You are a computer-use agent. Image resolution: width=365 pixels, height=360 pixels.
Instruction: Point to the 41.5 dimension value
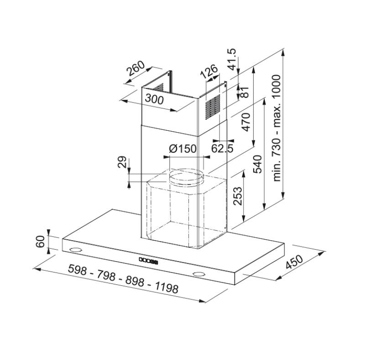point(233,60)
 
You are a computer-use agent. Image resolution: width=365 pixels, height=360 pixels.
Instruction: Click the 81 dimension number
point(245,93)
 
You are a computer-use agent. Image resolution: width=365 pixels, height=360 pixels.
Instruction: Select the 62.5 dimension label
point(223,149)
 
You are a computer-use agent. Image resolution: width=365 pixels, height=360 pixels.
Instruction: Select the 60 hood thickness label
point(40,242)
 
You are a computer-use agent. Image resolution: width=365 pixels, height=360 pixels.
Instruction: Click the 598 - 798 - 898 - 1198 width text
point(122,278)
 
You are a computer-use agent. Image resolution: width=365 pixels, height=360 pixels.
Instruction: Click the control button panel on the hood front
point(147,261)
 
